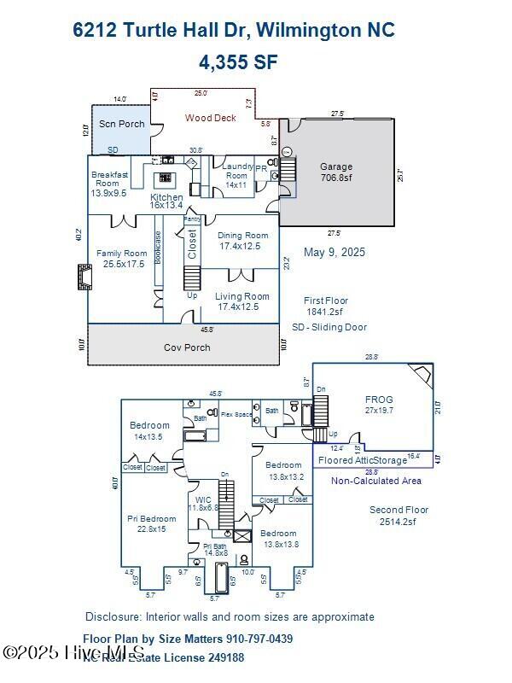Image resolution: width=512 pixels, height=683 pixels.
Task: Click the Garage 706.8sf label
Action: (336, 172)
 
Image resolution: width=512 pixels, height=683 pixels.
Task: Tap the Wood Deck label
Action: (211, 118)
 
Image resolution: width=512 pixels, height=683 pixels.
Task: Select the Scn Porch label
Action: (122, 124)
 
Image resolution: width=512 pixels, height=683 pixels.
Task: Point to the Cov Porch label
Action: (187, 347)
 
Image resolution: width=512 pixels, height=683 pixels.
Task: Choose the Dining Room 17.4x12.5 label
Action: (243, 241)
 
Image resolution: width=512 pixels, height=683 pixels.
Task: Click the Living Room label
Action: (243, 301)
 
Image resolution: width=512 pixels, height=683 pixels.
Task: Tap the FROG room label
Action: (379, 404)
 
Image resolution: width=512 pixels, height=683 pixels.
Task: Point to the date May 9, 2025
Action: (335, 252)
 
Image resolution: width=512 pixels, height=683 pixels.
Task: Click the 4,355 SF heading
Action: (238, 62)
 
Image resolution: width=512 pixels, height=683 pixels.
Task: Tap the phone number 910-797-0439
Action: (259, 639)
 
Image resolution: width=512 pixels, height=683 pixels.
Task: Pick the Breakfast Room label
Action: (109, 184)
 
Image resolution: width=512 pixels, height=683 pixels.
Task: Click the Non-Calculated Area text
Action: (376, 481)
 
